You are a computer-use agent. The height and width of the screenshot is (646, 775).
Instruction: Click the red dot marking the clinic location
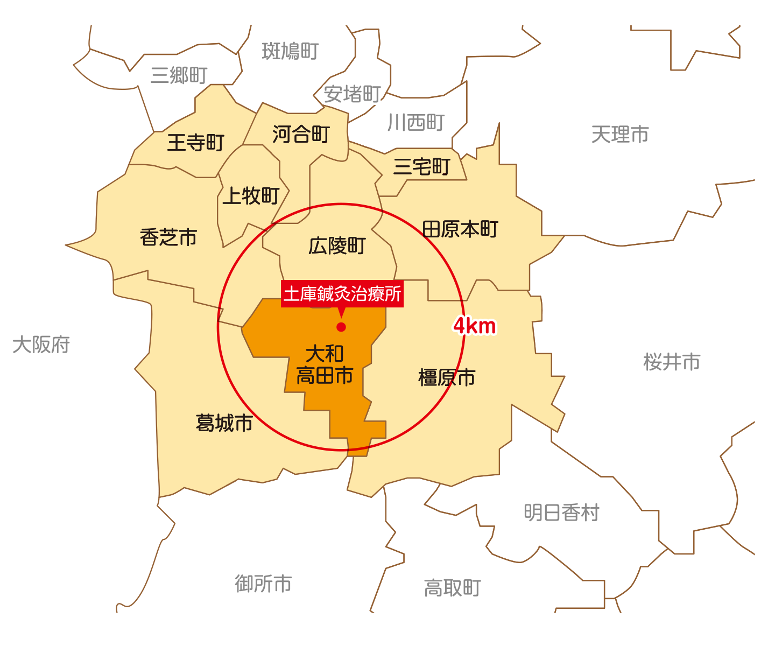[341, 327]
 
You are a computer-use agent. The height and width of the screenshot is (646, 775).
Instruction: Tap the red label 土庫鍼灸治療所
[342, 294]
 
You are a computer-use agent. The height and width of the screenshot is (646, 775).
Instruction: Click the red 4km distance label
[474, 326]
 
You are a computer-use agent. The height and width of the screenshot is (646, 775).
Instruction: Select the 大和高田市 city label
[325, 365]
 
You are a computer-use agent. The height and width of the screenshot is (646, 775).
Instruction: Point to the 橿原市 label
[447, 377]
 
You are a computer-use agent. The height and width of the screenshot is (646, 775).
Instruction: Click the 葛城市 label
[224, 423]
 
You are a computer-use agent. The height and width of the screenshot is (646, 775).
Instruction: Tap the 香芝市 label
[168, 237]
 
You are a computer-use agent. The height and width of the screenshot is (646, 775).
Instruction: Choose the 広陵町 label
[337, 246]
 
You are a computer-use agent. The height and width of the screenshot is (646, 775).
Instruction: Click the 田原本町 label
[460, 229]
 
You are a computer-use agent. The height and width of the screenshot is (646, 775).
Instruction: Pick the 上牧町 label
[251, 196]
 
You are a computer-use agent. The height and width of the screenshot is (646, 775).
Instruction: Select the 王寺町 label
[195, 143]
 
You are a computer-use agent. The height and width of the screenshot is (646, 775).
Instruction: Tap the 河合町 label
[301, 134]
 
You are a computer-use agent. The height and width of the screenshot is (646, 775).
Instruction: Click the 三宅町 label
[421, 167]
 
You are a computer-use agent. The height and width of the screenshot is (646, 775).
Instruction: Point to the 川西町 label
[416, 123]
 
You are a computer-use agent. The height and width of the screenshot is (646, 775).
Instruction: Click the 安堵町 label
[352, 94]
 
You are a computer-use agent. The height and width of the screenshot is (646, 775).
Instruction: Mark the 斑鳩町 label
[291, 51]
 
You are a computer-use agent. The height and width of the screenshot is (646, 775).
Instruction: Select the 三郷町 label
[179, 75]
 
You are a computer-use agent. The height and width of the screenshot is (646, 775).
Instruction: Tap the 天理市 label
[620, 135]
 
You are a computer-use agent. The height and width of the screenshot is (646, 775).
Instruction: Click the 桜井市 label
[672, 362]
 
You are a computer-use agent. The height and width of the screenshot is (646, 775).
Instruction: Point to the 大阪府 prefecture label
[41, 345]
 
